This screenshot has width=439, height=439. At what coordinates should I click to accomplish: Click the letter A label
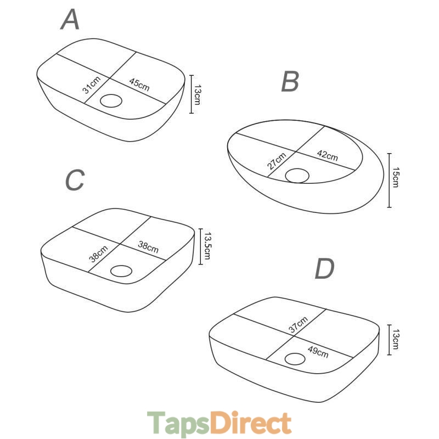[x=70, y=19]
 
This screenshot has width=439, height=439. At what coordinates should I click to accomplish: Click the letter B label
[x=290, y=81]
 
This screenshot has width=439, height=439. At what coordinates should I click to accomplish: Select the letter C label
[x=75, y=180]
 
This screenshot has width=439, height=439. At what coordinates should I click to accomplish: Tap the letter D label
[x=324, y=268]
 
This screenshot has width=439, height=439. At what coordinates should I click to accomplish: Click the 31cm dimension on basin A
[x=92, y=85]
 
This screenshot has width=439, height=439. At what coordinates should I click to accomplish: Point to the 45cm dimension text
[x=139, y=85]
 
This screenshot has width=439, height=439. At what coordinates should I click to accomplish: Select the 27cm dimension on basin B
[x=277, y=161]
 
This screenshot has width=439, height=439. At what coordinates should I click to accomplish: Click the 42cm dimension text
[x=327, y=155]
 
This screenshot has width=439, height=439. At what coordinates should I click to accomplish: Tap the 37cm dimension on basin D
[x=299, y=324]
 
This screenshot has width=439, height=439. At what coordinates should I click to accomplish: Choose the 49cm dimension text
[x=318, y=352]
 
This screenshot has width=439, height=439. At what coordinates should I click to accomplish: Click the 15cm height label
[x=396, y=177]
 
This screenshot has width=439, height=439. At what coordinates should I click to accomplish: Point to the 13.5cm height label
[x=207, y=245]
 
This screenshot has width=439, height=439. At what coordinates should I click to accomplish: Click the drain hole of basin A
[x=111, y=101]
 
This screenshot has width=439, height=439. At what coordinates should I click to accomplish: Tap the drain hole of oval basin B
[x=297, y=176]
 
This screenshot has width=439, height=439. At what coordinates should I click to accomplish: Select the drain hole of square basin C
[x=121, y=271]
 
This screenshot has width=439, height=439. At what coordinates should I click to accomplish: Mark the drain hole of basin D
[x=295, y=359]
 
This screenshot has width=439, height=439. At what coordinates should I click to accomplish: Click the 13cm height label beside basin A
[x=198, y=94]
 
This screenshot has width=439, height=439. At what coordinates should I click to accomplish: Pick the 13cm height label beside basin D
[x=396, y=339]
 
